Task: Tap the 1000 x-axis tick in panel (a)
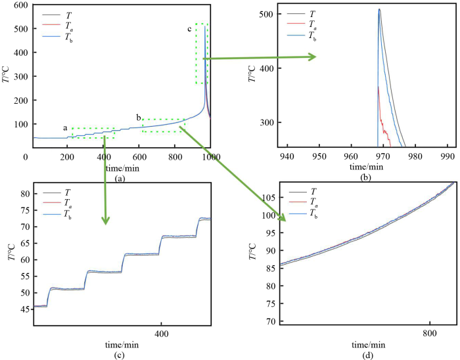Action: [x=210, y=158]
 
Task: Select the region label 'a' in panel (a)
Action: [x=65, y=128]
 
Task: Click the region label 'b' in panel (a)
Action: [x=139, y=118]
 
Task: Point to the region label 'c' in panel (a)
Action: [x=190, y=29]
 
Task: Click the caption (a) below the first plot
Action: [x=119, y=178]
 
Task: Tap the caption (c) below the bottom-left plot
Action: [x=119, y=356]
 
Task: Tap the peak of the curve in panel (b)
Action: [x=379, y=9]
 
